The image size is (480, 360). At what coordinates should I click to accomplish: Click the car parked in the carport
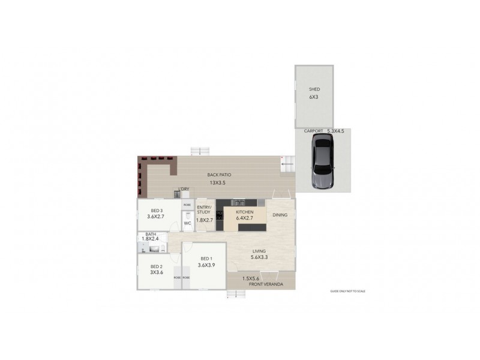pos(322,161)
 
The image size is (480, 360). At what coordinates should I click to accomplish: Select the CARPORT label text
pos(314,131)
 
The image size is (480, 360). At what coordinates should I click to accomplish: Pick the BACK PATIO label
pos(219,175)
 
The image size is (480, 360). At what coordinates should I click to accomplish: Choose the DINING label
pos(280,215)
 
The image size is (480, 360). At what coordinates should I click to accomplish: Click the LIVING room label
pos(259,251)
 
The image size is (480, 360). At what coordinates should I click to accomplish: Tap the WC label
pos(187,223)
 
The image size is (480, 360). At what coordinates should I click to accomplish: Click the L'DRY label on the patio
pos(183,190)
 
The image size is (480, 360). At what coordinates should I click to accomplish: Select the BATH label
pos(151,234)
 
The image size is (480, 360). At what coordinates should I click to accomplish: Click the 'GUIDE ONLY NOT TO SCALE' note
pos(347,291)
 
